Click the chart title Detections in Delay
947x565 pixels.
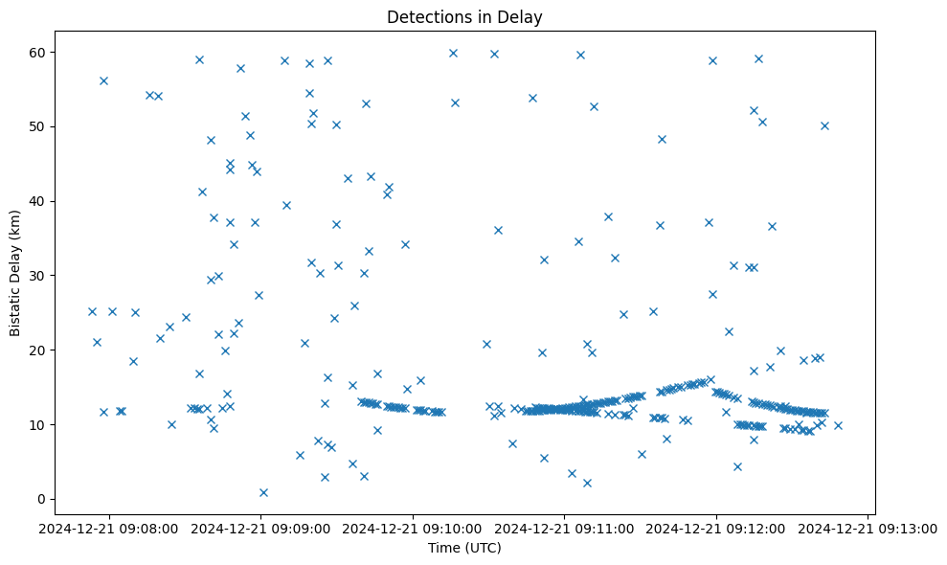point(463,16)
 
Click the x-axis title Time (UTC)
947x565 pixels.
point(463,549)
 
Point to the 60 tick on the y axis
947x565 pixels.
point(39,52)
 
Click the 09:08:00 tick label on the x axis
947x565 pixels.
point(108,528)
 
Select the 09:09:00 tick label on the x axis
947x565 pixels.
point(260,528)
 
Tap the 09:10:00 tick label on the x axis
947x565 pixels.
point(413,528)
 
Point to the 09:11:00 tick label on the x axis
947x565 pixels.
point(564,528)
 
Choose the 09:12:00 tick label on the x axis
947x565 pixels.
point(716,528)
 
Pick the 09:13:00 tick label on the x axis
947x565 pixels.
point(868,528)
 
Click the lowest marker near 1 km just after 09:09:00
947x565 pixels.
point(263,492)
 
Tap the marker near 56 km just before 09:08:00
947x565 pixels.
point(103,80)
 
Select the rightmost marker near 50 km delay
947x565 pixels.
point(824,125)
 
